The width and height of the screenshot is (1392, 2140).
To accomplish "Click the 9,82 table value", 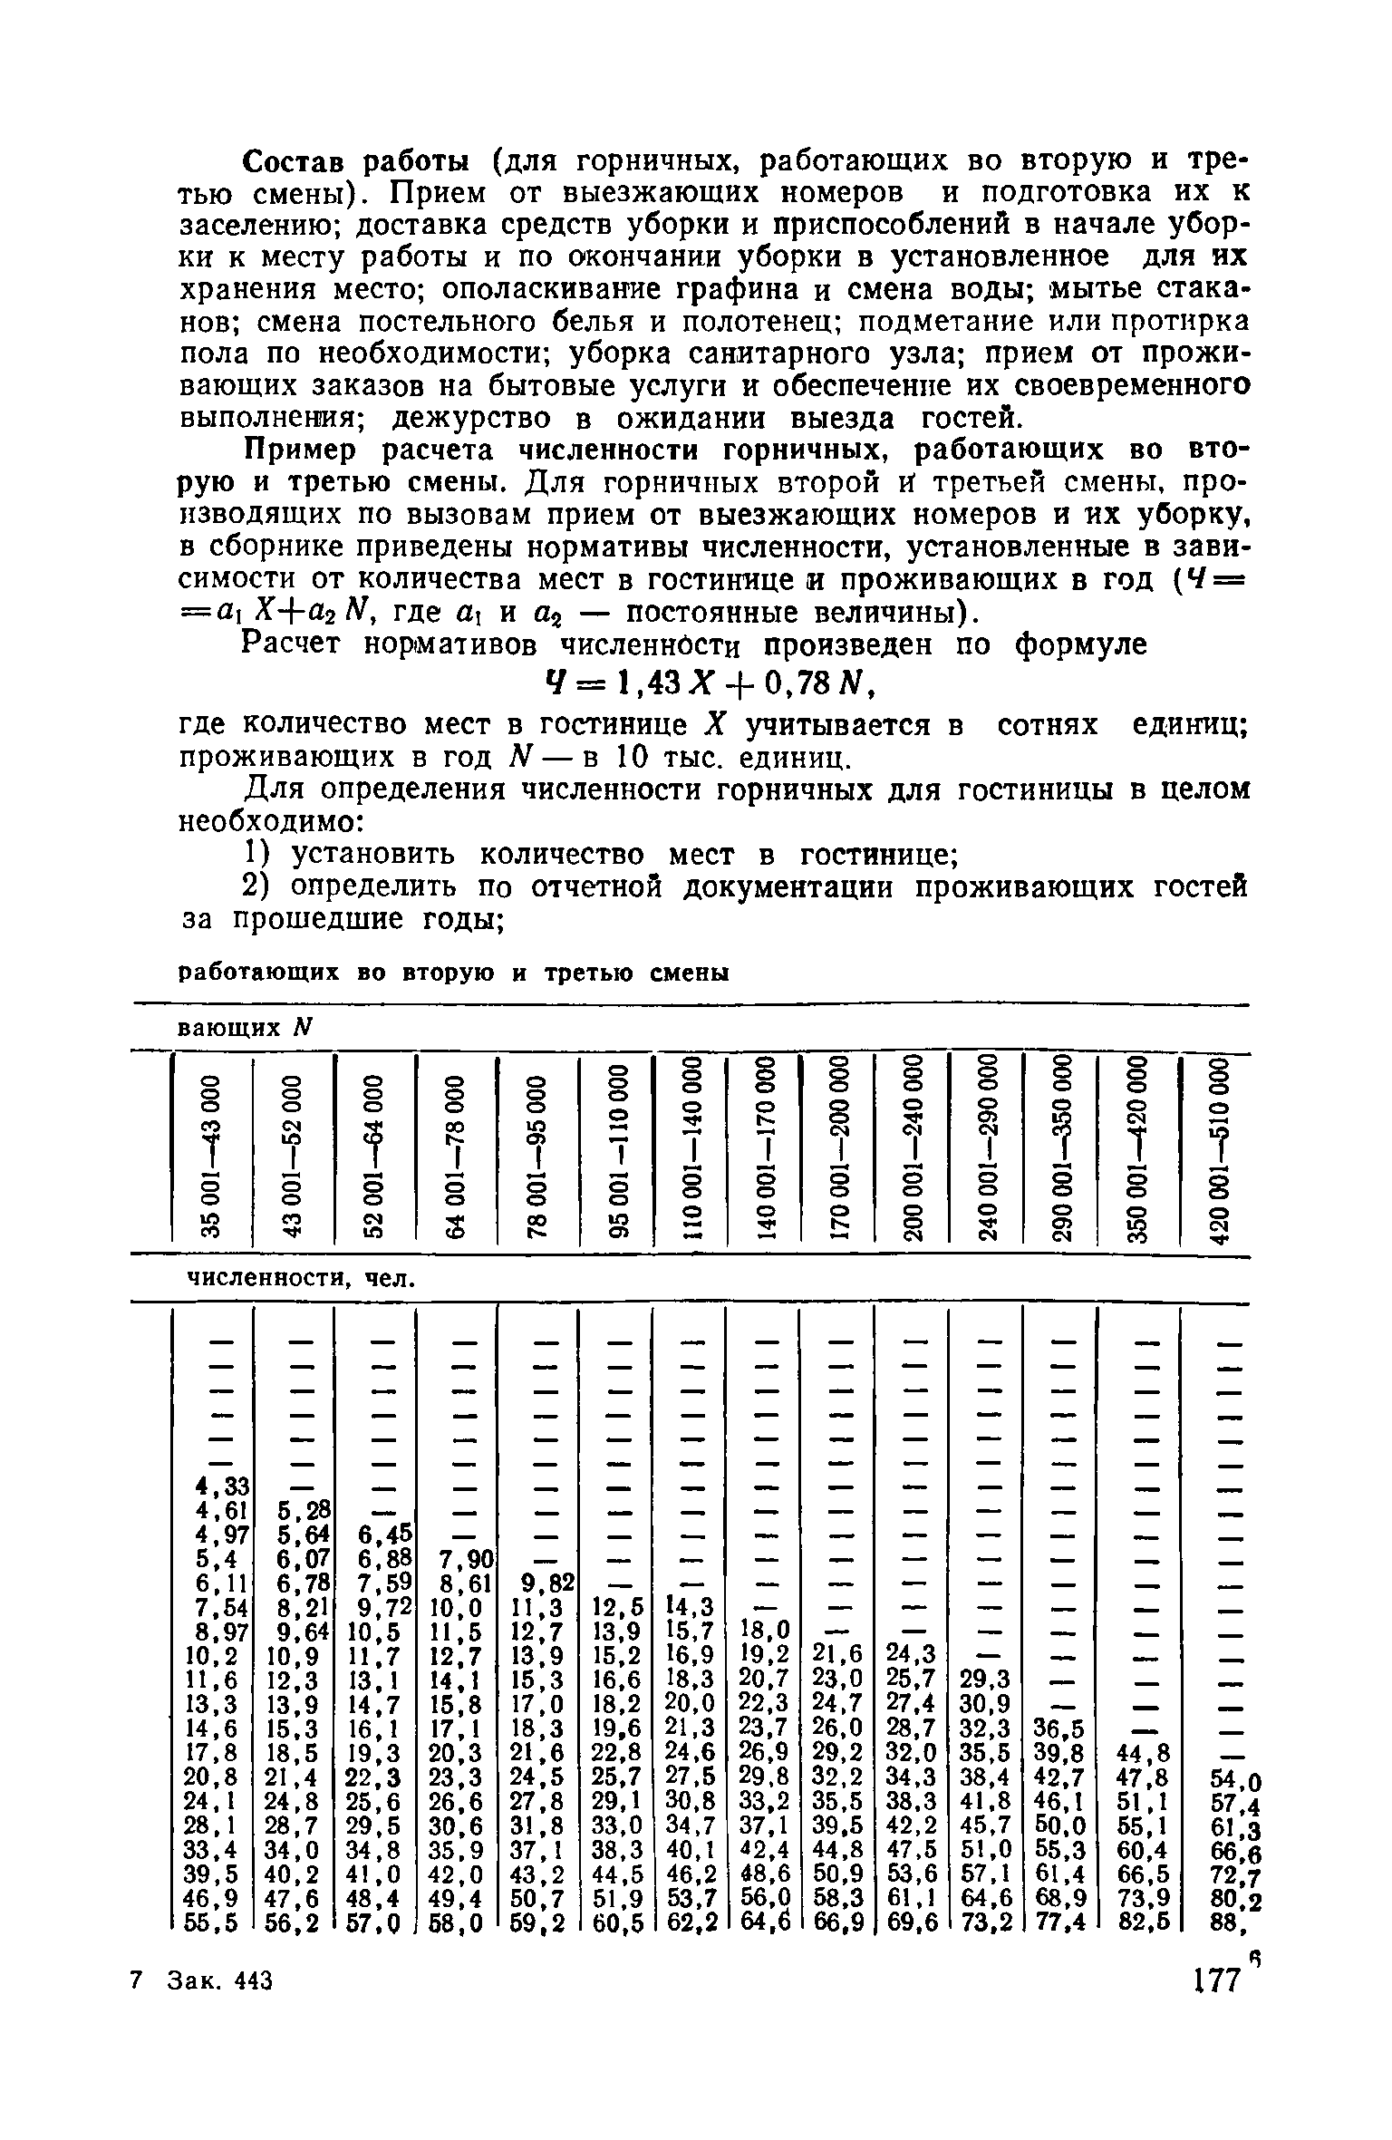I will (x=546, y=1583).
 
